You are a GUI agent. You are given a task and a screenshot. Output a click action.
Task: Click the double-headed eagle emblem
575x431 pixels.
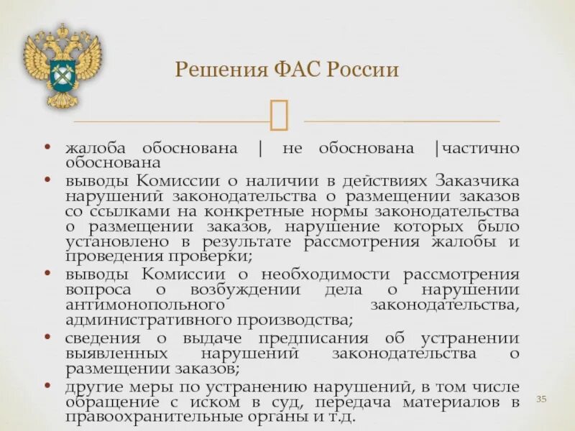pos(62,65)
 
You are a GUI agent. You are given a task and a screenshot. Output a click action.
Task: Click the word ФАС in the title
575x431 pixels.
pos(295,70)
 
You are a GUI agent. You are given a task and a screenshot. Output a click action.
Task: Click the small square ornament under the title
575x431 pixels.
pos(279,115)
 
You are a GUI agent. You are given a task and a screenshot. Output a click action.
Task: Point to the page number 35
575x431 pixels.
pos(543,399)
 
